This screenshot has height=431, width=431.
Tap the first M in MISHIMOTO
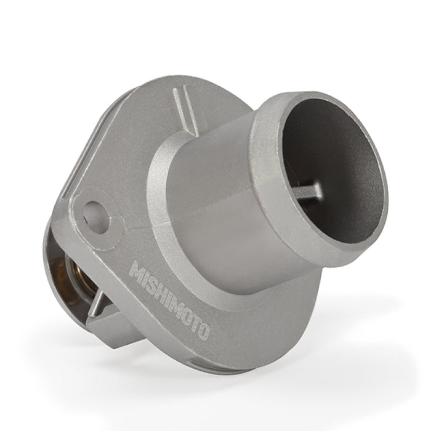(138, 272)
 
